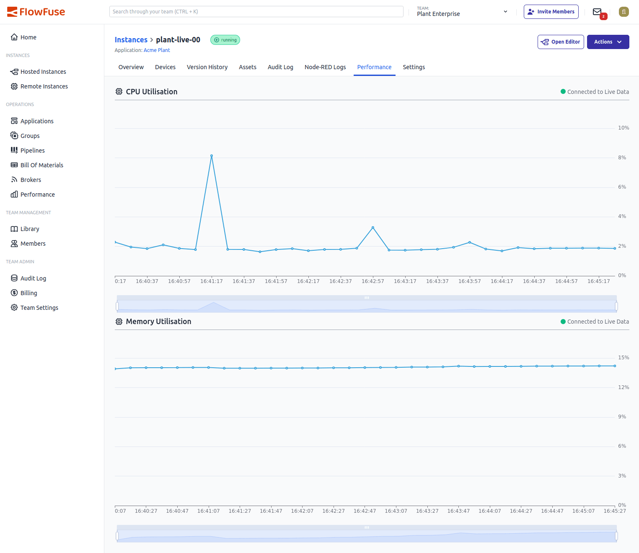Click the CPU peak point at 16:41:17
tap(212, 156)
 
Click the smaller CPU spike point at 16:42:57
tap(373, 228)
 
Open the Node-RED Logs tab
tap(325, 67)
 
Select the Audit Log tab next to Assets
tap(280, 67)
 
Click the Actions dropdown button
tap(608, 42)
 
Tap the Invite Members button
tap(551, 12)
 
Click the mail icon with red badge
tap(598, 12)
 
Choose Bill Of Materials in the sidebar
tap(41, 165)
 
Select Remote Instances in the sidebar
tap(44, 86)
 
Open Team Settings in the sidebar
tap(39, 308)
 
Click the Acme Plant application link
tap(157, 50)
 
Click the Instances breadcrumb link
tap(131, 40)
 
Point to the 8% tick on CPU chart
tap(622, 158)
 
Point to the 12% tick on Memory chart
tap(623, 387)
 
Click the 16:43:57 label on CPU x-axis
tap(469, 281)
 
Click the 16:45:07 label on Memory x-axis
tap(583, 511)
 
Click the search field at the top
tap(256, 12)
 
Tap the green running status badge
tap(225, 40)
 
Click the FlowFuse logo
tap(36, 12)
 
